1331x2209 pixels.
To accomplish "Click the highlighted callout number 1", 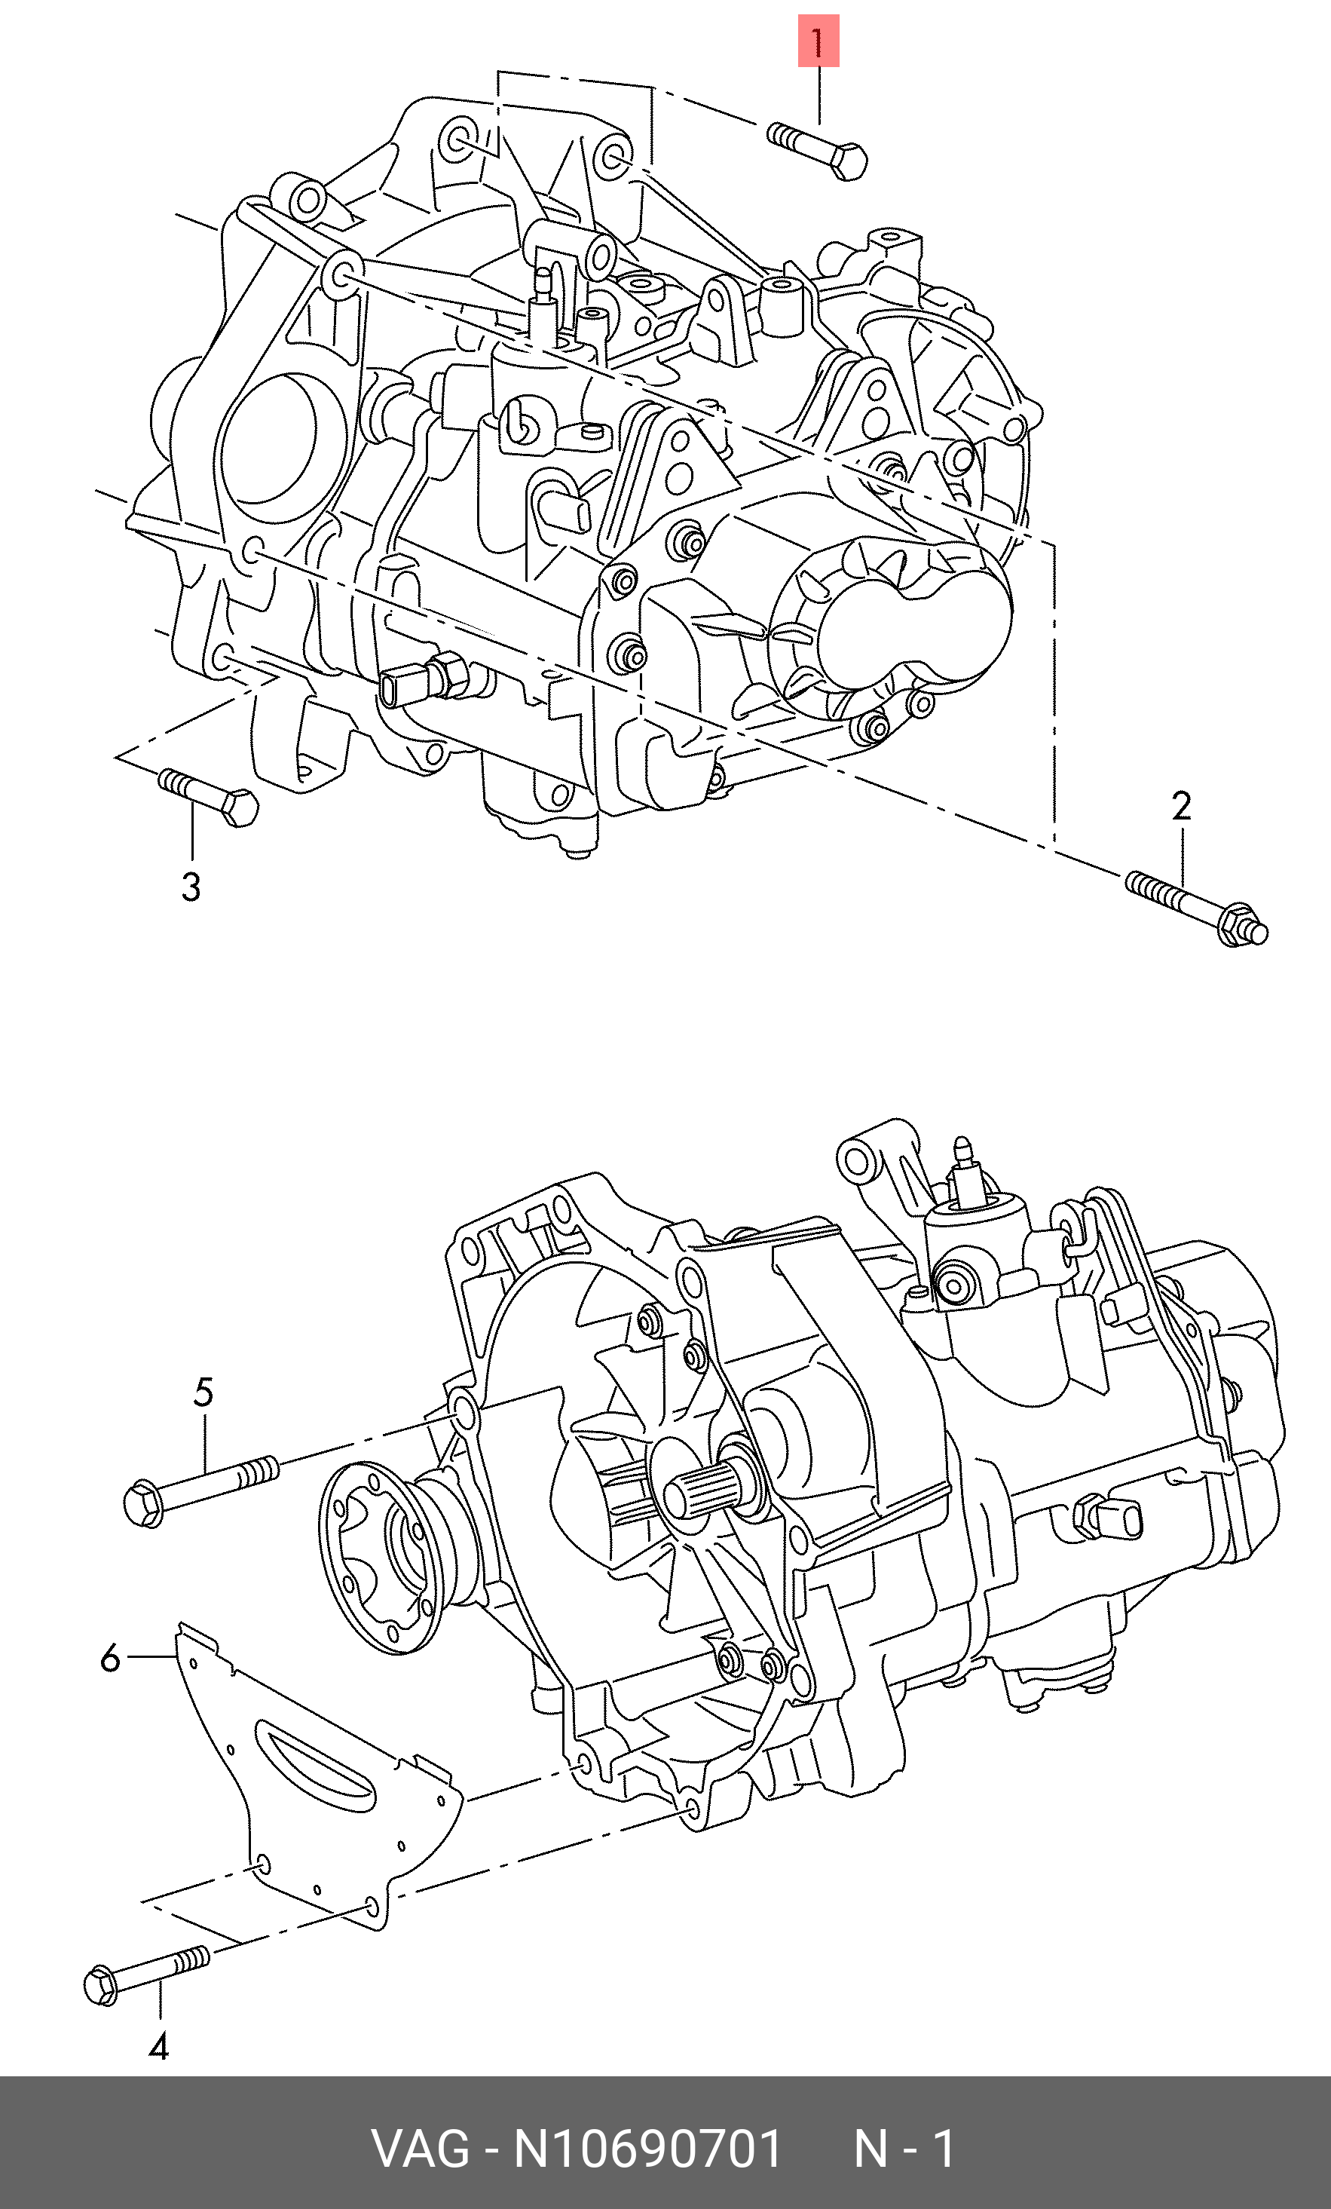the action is pos(818,41).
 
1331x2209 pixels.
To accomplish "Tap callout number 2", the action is pos(1181,807).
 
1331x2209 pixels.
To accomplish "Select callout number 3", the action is pos(190,887).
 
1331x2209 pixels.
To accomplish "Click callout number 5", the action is pos(203,1393).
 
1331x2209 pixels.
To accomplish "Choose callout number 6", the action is pos(110,1659).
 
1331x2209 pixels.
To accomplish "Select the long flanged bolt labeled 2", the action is pos(1195,907).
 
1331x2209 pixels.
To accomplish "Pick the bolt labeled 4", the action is pos(147,1971).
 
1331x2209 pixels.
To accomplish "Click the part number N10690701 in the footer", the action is pos(647,2149).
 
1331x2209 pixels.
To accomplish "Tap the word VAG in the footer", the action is pos(420,2149).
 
